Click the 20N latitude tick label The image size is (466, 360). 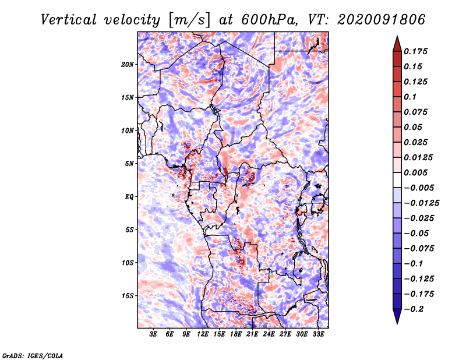tap(128, 64)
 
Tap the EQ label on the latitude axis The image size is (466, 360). tap(129, 197)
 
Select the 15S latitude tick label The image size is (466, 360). tap(128, 296)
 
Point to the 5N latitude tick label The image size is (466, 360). tap(129, 164)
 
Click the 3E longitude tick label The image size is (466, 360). tap(153, 334)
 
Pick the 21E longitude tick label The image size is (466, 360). tap(252, 334)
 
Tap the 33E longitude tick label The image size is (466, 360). tap(318, 334)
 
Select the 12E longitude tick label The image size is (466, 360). tap(202, 334)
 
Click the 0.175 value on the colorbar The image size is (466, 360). tap(415, 51)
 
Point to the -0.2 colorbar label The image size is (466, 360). tap(414, 309)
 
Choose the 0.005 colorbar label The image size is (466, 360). tap(415, 172)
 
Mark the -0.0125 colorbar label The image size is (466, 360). tap(421, 203)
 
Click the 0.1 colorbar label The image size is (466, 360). tap(410, 97)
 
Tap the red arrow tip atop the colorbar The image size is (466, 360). tap(397, 36)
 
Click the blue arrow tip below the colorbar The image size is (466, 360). tap(397, 323)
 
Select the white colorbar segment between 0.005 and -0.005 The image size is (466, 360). tap(397, 180)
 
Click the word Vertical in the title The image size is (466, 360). tap(69, 20)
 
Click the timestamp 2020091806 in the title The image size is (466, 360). tap(382, 20)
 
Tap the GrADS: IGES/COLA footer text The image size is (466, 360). tap(33, 355)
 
